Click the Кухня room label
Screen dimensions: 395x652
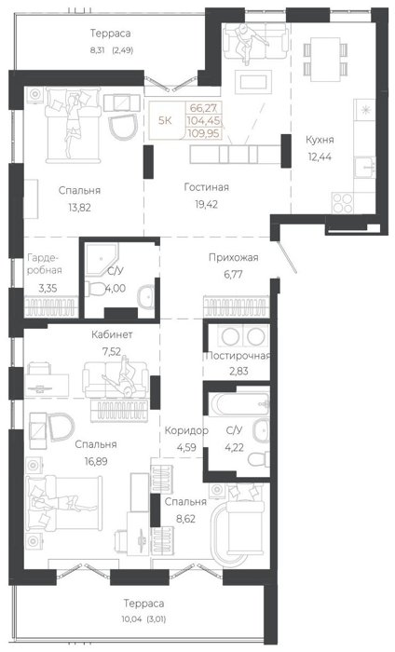pos(320,140)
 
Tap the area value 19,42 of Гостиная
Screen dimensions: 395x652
pos(206,204)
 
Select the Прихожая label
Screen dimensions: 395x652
pos(233,257)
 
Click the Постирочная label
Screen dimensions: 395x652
pos(238,356)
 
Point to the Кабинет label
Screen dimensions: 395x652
pos(112,334)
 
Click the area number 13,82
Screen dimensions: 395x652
pos(79,208)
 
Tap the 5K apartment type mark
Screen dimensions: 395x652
pos(165,120)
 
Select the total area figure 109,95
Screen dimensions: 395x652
pos(204,133)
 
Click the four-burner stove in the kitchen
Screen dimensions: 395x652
pos(343,203)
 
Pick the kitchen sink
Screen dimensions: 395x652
pos(365,168)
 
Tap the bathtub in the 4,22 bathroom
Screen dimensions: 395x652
pos(240,403)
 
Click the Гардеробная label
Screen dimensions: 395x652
pos(45,264)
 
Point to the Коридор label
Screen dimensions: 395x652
pos(186,430)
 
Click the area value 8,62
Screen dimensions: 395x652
pos(185,519)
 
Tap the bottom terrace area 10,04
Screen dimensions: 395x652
pos(131,619)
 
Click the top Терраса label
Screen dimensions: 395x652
pos(111,33)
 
